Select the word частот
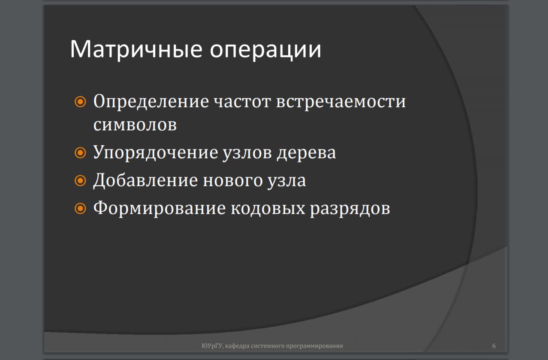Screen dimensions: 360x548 [x=241, y=102]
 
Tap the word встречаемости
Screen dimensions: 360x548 [x=341, y=102]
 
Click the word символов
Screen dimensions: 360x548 [x=135, y=125]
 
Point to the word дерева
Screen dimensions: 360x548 [x=306, y=153]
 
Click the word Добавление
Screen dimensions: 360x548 [x=145, y=180]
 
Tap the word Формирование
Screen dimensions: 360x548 [x=159, y=208]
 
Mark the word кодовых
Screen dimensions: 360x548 [x=268, y=208]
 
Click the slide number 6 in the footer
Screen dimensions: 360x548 [x=494, y=345]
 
